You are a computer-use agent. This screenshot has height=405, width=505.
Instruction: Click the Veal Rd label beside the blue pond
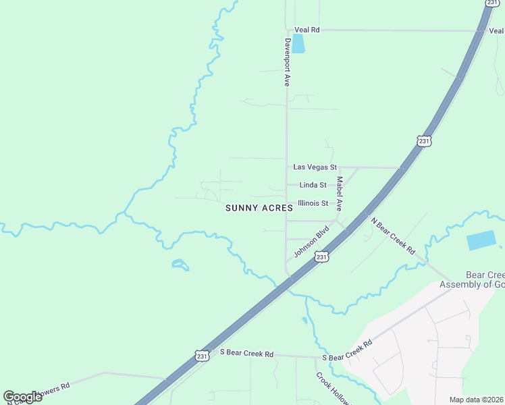[x=307, y=30]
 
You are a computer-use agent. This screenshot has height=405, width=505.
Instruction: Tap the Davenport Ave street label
[x=286, y=61]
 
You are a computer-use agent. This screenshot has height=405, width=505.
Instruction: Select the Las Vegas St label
[x=315, y=167]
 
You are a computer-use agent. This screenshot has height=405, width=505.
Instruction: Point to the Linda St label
[x=313, y=185]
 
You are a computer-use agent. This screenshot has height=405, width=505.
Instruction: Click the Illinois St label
[x=313, y=203]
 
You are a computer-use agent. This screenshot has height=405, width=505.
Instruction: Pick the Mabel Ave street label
[x=340, y=194]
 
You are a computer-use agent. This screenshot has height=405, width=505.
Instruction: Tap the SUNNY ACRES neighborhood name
[x=259, y=209]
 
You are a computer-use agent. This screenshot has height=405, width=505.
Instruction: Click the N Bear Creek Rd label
[x=392, y=235]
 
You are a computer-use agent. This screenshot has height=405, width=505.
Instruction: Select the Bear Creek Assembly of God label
[x=472, y=280]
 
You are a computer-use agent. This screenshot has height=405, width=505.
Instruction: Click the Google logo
[x=22, y=397]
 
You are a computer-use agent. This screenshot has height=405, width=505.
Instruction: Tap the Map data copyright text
[x=477, y=400]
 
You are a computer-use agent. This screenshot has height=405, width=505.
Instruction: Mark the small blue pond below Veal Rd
[x=298, y=44]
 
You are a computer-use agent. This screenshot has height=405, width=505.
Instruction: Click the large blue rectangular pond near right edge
[x=481, y=241]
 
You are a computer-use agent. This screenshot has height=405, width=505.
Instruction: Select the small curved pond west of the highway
[x=180, y=265]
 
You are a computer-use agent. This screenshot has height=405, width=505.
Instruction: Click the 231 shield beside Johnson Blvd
[x=322, y=257]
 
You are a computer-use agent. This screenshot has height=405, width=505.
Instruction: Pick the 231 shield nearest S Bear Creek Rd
[x=201, y=356]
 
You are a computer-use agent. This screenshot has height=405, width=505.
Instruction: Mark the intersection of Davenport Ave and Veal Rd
[x=286, y=30]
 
